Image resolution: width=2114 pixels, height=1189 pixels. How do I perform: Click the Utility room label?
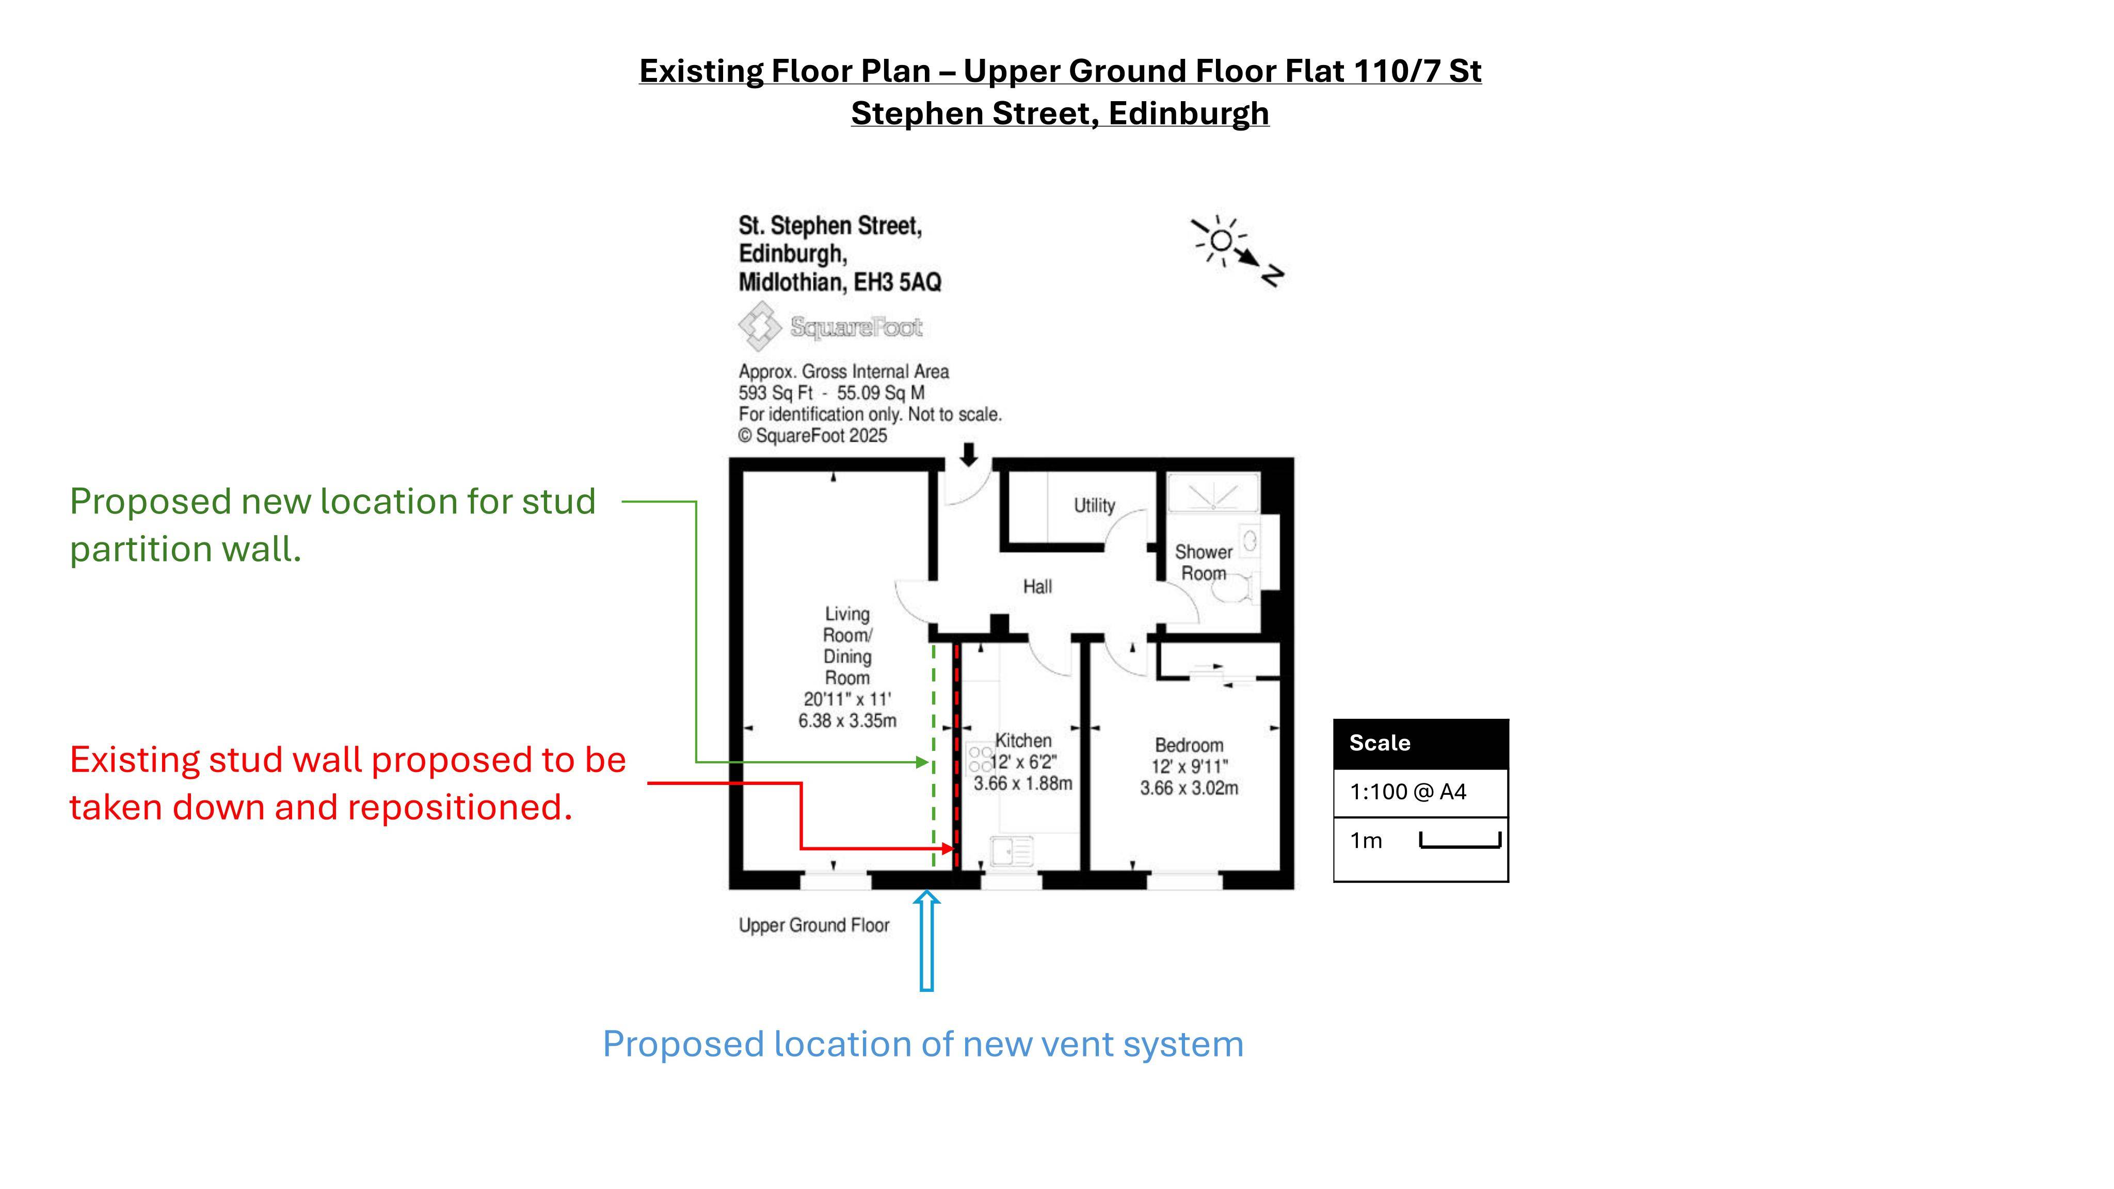click(1094, 505)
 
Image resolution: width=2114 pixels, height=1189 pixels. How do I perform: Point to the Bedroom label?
click(1189, 745)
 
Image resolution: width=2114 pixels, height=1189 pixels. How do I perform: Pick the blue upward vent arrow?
click(926, 941)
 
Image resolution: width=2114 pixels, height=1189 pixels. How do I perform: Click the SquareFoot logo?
click(830, 326)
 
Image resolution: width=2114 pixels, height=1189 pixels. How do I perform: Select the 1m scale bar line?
click(1460, 841)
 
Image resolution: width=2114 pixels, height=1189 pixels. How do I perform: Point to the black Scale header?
click(1420, 744)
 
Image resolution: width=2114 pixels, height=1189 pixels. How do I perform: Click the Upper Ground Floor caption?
click(814, 926)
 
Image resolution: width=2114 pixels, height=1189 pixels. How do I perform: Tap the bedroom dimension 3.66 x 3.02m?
click(1189, 788)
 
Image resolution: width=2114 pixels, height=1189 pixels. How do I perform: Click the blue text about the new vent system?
click(923, 1045)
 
